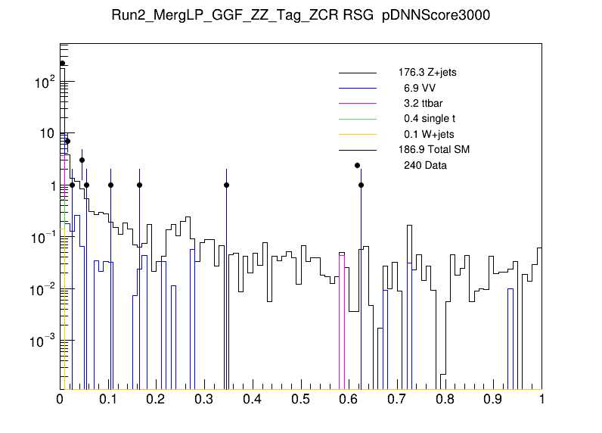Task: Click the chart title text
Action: pyautogui.click(x=300, y=17)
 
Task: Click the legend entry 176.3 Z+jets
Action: pyautogui.click(x=427, y=73)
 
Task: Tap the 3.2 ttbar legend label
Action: pyautogui.click(x=420, y=104)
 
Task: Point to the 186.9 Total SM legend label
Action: pyautogui.click(x=434, y=150)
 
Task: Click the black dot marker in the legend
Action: pyautogui.click(x=357, y=165)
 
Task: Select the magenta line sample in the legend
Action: pyautogui.click(x=357, y=104)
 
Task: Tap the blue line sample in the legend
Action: pyautogui.click(x=357, y=89)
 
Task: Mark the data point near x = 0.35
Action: pyautogui.click(x=226, y=185)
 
